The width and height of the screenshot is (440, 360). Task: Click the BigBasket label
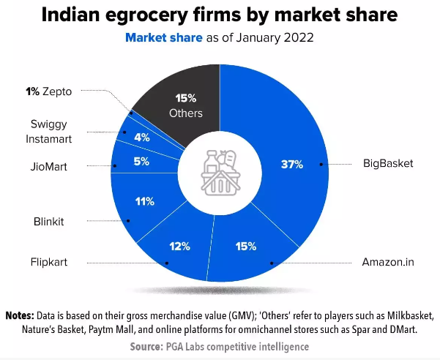tap(389, 163)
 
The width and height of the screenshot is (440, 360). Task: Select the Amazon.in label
tap(388, 261)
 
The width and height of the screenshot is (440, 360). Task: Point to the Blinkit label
tap(50, 220)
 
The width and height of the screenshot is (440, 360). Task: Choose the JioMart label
tap(48, 167)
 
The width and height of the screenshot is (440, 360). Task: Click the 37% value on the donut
tap(292, 164)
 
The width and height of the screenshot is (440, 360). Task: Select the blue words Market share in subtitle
tap(162, 37)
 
